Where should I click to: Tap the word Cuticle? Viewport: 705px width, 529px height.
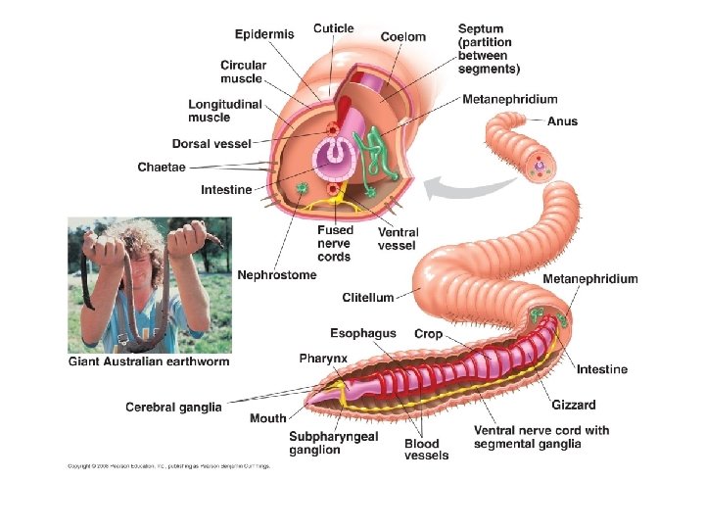(334, 28)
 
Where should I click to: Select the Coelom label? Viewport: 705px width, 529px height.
(403, 36)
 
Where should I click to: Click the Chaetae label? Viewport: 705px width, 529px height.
(161, 168)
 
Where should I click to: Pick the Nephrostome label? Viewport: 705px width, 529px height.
(277, 275)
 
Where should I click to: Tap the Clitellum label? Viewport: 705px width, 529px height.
(368, 297)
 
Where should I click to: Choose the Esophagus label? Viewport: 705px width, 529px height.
(363, 333)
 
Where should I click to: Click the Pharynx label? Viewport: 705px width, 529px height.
(323, 359)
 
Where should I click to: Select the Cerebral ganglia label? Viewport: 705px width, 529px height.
(174, 407)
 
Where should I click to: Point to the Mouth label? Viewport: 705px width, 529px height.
(267, 418)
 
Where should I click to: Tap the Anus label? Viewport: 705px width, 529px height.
(562, 121)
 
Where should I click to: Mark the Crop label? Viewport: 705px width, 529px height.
(428, 334)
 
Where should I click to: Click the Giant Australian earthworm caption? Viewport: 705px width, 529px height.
(148, 361)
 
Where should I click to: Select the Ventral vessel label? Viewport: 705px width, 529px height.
(399, 238)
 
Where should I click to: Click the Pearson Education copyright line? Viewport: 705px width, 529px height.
(167, 465)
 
